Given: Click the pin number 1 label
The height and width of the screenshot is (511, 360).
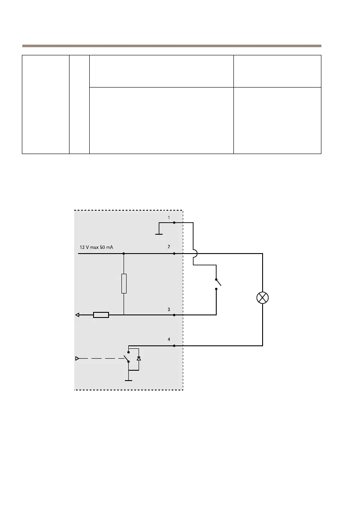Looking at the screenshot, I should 169,218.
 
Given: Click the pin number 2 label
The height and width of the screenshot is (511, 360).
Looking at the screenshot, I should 169,248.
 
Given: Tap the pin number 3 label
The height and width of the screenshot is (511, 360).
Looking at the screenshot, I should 169,309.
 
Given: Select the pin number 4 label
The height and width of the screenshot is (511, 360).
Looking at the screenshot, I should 169,339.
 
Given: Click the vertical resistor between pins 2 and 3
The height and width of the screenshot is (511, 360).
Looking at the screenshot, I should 124,284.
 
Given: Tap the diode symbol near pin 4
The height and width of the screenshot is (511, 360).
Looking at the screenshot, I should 138,358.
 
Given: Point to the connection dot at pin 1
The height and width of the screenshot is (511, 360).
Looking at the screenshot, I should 174,223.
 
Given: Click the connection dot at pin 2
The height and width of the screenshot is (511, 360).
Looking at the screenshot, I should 174,254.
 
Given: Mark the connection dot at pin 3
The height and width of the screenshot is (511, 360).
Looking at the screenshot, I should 174,315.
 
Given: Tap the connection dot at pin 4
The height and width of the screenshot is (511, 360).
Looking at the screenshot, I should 174,345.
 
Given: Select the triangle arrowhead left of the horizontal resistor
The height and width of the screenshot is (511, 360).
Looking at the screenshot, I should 78,315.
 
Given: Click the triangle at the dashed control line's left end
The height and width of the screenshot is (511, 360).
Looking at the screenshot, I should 78,358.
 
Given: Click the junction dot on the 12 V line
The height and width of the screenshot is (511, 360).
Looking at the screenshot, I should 124,254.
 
